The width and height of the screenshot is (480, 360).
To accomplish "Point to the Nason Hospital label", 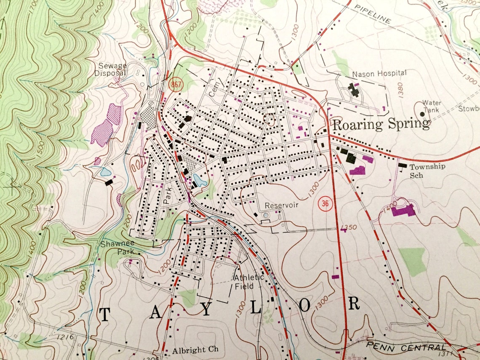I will (379, 74).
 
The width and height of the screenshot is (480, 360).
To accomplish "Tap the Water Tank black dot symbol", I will (422, 114).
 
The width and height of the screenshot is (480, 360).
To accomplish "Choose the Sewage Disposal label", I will (112, 69).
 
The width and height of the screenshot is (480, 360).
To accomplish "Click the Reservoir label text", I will (281, 205).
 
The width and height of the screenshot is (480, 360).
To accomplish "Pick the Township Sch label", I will (427, 170).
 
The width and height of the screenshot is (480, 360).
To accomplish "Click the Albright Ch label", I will (195, 350).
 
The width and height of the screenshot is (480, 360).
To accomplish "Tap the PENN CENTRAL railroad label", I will (405, 347).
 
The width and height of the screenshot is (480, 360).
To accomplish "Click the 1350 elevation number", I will (349, 228).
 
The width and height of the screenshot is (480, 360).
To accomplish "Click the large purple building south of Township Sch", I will (403, 210).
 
